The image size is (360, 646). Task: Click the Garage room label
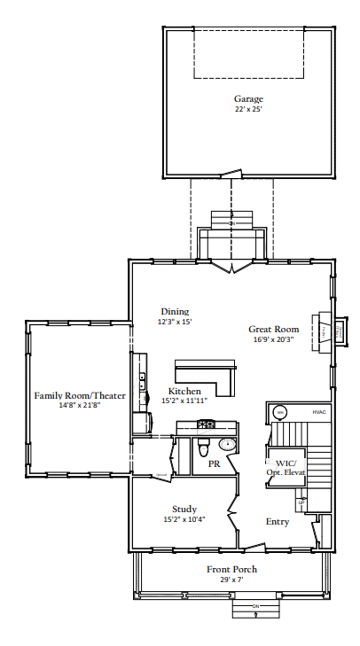tap(248, 98)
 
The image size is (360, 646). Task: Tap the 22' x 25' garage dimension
tap(248, 109)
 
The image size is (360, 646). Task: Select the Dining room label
tap(175, 311)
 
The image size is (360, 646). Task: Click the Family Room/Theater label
tap(80, 395)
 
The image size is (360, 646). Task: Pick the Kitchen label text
tap(184, 391)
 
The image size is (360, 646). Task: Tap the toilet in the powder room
tap(204, 443)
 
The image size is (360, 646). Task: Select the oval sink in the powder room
tap(229, 444)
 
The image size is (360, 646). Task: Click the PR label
tap(214, 463)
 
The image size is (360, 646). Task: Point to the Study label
tap(184, 509)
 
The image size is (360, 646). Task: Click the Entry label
tap(278, 522)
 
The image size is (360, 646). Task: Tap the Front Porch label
tap(232, 569)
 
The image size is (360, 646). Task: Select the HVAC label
tap(319, 412)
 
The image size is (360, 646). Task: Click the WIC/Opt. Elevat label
tap(286, 468)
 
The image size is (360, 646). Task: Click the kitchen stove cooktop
tap(207, 424)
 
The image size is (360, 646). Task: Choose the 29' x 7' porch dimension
tap(232, 580)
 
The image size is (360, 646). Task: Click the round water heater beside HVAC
tap(278, 412)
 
